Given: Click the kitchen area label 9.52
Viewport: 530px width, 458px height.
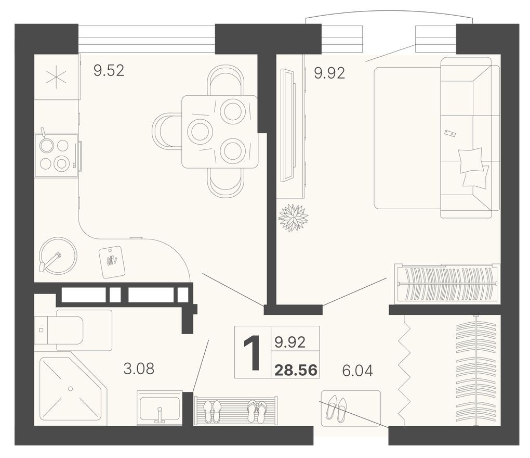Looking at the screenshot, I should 109,70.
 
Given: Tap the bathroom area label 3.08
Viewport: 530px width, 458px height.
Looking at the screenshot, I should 138,369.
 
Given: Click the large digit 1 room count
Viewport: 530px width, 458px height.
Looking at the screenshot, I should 253,353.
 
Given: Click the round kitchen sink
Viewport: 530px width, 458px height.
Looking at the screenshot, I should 58,256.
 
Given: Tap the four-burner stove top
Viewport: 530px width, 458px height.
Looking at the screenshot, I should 55,155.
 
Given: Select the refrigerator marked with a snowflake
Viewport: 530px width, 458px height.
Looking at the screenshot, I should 56,77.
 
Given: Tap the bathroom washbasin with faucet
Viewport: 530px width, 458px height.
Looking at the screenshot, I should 160,408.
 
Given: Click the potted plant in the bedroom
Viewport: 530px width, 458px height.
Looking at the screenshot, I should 293,218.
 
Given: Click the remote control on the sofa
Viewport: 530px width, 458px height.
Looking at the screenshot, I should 450,134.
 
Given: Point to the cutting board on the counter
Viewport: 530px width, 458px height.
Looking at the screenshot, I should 112,262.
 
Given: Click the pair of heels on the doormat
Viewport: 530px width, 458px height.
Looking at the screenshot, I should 336,409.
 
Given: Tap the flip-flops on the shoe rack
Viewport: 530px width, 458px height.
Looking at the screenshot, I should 257,411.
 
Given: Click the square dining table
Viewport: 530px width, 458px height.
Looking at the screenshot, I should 219,132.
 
